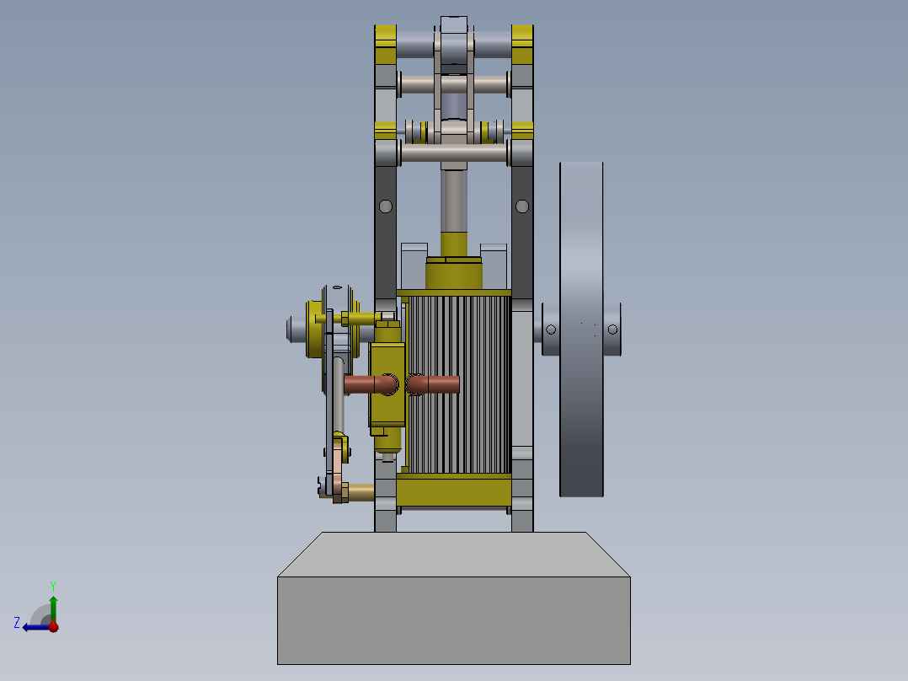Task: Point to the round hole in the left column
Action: coord(386,206)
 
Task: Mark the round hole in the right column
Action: coord(522,206)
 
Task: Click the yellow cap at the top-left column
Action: coord(386,36)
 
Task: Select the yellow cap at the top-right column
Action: coord(522,36)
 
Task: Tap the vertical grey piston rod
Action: coord(454,198)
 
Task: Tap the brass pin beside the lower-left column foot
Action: coord(361,492)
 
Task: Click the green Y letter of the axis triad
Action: coord(52,584)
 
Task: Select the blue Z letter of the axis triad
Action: coord(17,623)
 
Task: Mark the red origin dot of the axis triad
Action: coord(53,626)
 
